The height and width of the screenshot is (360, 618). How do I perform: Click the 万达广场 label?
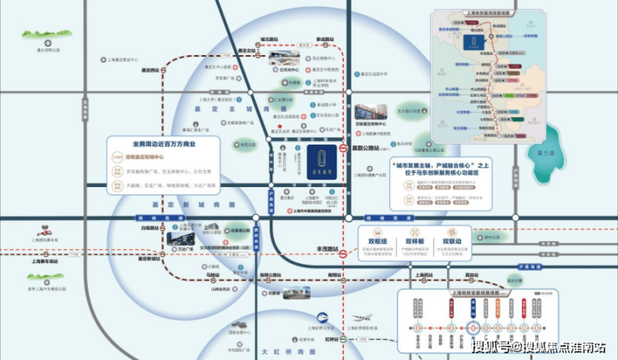(x=185, y=248)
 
